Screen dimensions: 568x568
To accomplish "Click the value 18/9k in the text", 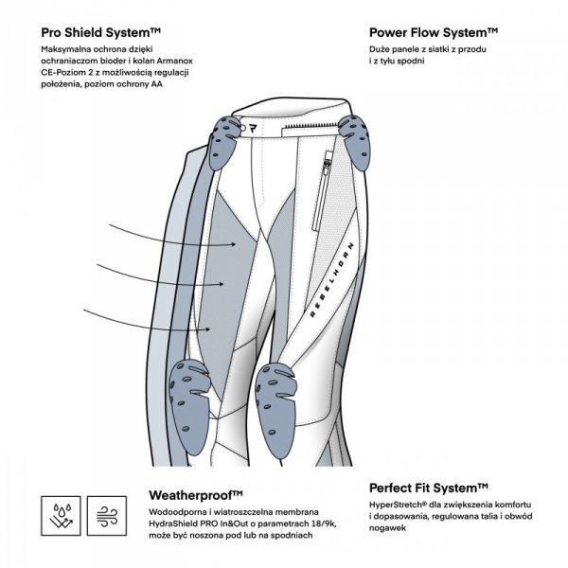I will coord(308,523).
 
